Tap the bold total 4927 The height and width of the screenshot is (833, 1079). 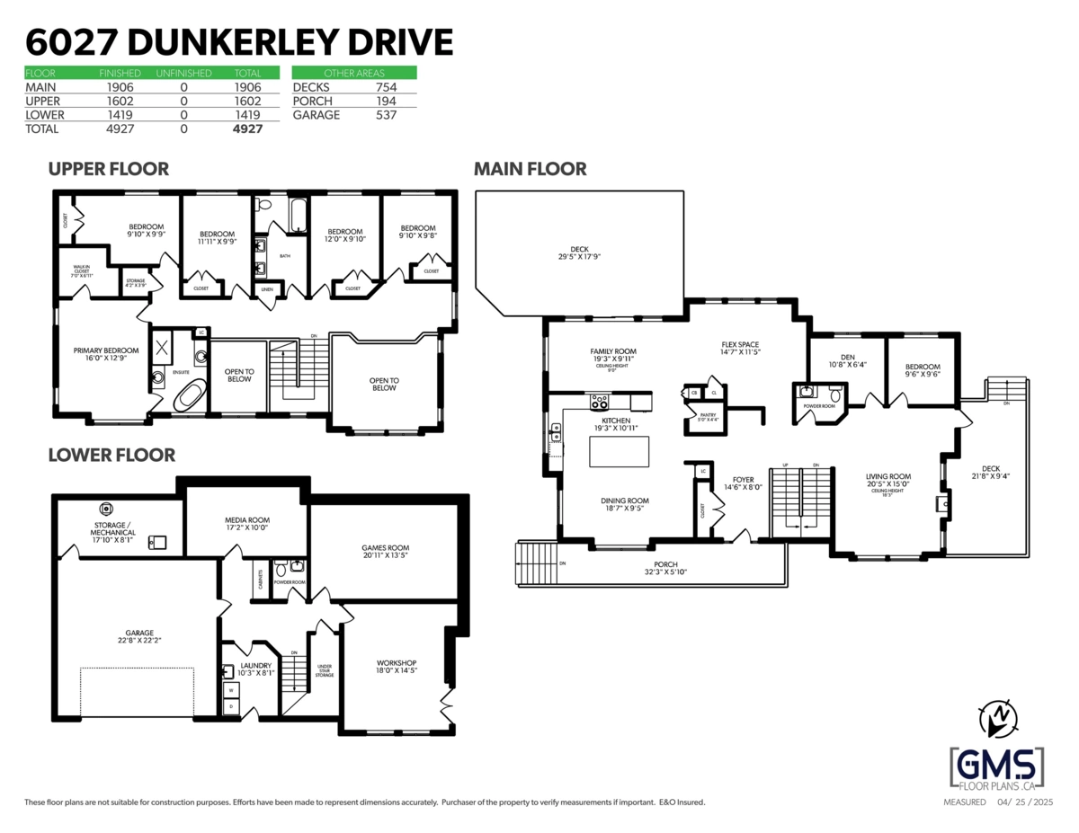coord(247,129)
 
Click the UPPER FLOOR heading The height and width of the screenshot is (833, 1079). coord(108,169)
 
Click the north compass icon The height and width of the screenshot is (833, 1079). coord(998,717)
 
